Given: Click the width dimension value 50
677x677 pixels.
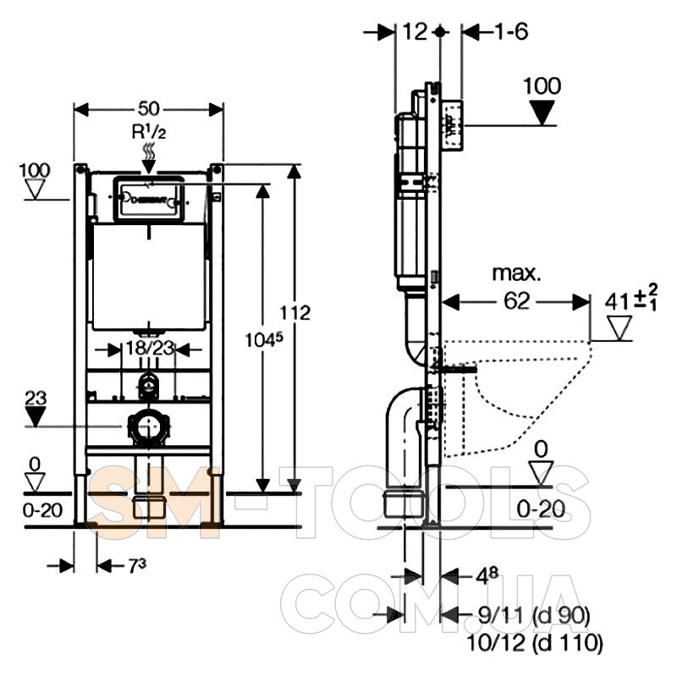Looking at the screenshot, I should click(x=149, y=108).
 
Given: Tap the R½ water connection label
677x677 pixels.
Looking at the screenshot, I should click(x=147, y=132).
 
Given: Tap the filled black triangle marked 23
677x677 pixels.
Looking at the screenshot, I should click(x=36, y=416).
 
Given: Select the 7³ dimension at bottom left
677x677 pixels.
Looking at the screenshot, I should click(x=117, y=564).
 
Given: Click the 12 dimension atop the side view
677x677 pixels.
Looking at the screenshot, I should click(x=414, y=31).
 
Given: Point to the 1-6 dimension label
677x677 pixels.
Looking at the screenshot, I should click(x=511, y=31).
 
